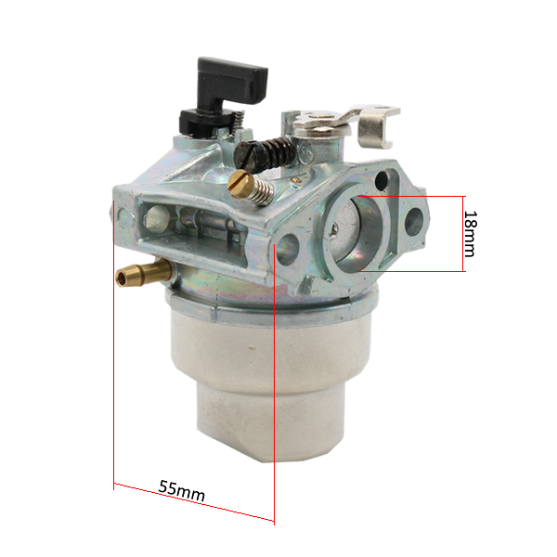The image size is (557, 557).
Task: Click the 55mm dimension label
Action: pyautogui.click(x=182, y=491)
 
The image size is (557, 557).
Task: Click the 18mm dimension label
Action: pyautogui.click(x=471, y=234)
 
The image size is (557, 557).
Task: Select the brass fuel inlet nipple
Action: pyautogui.click(x=143, y=273)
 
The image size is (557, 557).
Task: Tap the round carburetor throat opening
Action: pyautogui.click(x=356, y=234)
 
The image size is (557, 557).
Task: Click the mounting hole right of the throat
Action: pyautogui.click(x=414, y=222)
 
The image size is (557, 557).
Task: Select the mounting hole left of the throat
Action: pyautogui.click(x=288, y=250)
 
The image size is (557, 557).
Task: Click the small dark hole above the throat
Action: pyautogui.click(x=382, y=179)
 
